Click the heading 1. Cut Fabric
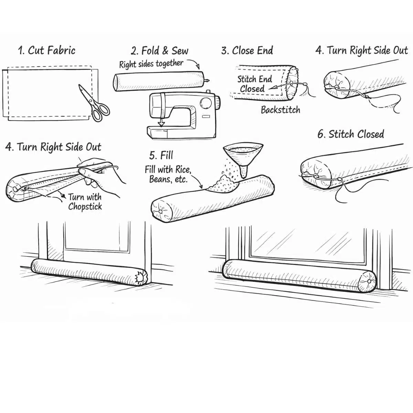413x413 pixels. coord(47,51)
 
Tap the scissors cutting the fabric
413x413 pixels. coord(94,103)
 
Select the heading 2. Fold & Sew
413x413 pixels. coord(160,51)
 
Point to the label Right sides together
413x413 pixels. coord(151,64)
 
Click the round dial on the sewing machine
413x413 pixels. coord(206,103)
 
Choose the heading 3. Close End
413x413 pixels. coord(247,51)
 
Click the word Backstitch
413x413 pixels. coord(280,110)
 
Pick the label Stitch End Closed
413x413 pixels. coord(254,84)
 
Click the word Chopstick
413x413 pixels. coord(85,206)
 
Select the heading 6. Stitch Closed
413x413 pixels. coord(351,134)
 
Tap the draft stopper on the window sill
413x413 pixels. coord(299,275)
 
